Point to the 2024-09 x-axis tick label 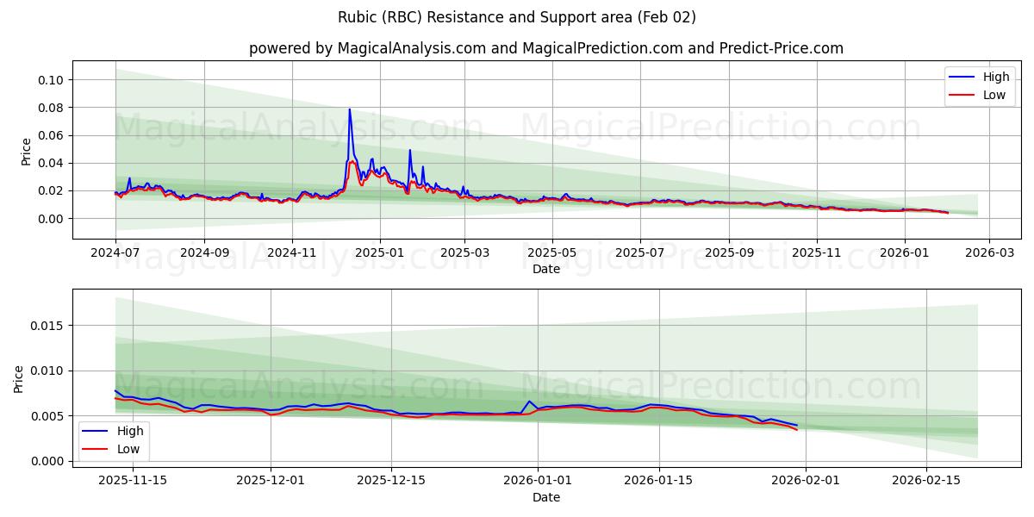click(204, 253)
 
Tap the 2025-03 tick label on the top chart click(464, 253)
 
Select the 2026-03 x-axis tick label click(988, 253)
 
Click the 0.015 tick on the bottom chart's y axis click(47, 326)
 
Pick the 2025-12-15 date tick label click(391, 481)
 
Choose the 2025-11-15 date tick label click(133, 481)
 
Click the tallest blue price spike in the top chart click(349, 109)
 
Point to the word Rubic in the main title click(357, 17)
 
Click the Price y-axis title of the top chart click(26, 151)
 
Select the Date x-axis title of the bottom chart click(545, 497)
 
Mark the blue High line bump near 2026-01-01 click(530, 401)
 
